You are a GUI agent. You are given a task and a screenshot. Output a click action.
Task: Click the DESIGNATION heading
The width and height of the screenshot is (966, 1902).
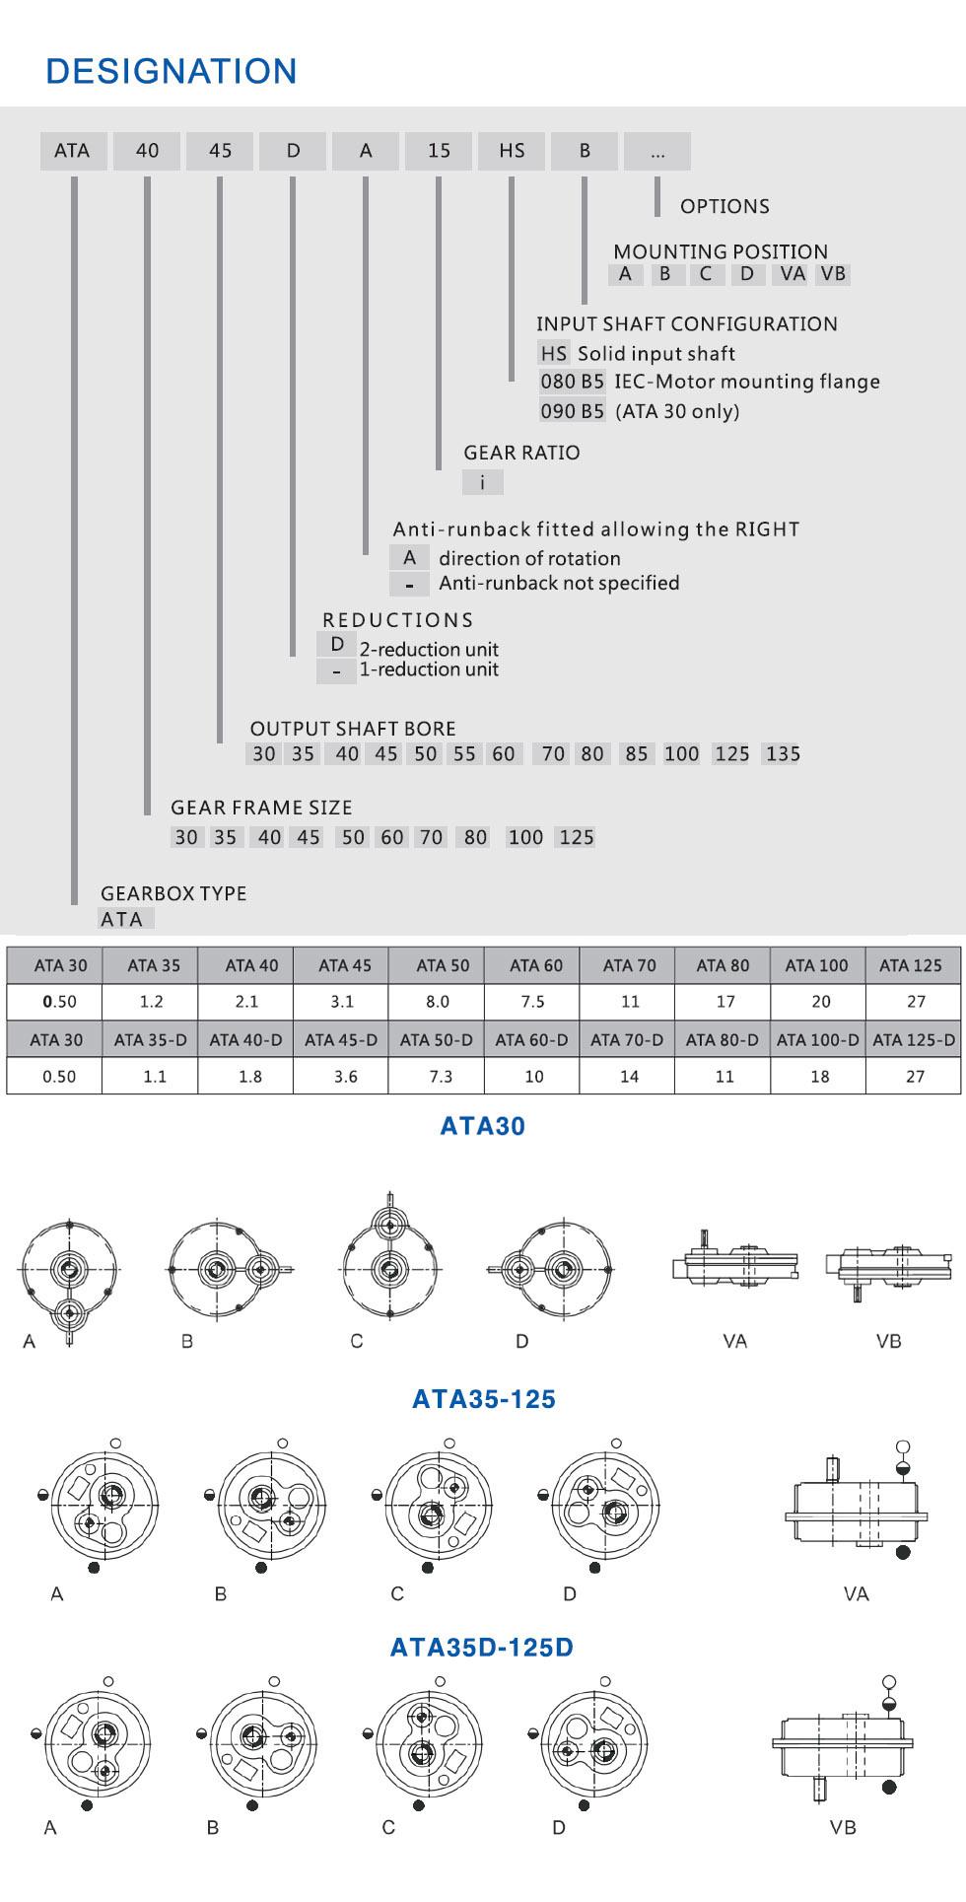[172, 71]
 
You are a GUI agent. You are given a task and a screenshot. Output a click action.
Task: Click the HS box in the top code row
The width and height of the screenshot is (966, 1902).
[512, 151]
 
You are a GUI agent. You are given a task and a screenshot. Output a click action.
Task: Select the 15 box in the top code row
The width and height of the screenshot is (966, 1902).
[439, 151]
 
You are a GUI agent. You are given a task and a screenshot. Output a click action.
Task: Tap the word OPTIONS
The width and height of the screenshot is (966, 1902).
[724, 206]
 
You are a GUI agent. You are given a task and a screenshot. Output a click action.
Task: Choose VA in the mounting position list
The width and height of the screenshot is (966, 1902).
[792, 274]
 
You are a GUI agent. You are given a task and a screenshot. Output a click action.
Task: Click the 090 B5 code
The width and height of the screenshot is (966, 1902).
[572, 411]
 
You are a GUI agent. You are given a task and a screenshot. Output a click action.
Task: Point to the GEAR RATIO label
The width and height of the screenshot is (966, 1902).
[521, 453]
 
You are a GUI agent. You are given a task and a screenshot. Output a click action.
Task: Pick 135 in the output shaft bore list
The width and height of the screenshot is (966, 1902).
[783, 754]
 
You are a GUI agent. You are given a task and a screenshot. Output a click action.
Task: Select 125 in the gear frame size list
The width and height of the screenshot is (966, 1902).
[576, 838]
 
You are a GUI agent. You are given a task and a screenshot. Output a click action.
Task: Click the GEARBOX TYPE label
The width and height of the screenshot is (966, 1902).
[173, 893]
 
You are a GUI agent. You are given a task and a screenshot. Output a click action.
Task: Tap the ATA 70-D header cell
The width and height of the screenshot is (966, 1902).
[627, 1039]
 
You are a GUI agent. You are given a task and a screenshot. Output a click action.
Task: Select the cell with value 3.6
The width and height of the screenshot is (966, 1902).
[345, 1077]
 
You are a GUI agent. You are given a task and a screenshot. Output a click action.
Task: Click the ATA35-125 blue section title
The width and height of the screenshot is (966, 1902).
[483, 1399]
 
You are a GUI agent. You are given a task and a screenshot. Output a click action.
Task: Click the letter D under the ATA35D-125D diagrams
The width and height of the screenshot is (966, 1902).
[559, 1828]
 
